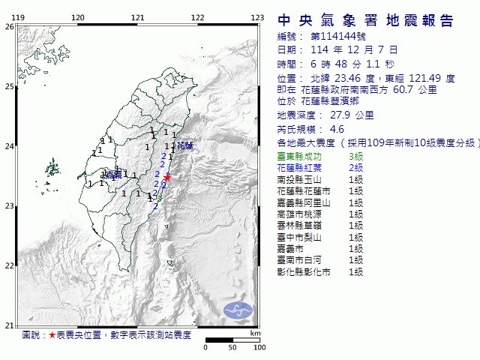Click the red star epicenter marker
click(x=168, y=177)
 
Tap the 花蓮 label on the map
click(x=184, y=145)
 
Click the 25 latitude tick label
click(x=9, y=86)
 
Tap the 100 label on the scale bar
click(x=259, y=348)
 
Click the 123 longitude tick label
click(x=257, y=17)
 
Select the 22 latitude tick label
click(x=9, y=265)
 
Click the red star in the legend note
click(x=52, y=335)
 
